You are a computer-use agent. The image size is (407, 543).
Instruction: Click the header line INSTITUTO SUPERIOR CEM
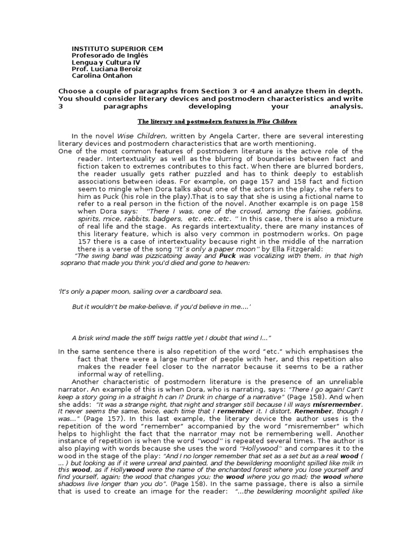[118, 49]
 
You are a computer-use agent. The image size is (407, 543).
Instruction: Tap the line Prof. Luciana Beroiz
[107, 69]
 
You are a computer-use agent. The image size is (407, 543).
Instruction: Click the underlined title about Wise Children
[217, 121]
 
